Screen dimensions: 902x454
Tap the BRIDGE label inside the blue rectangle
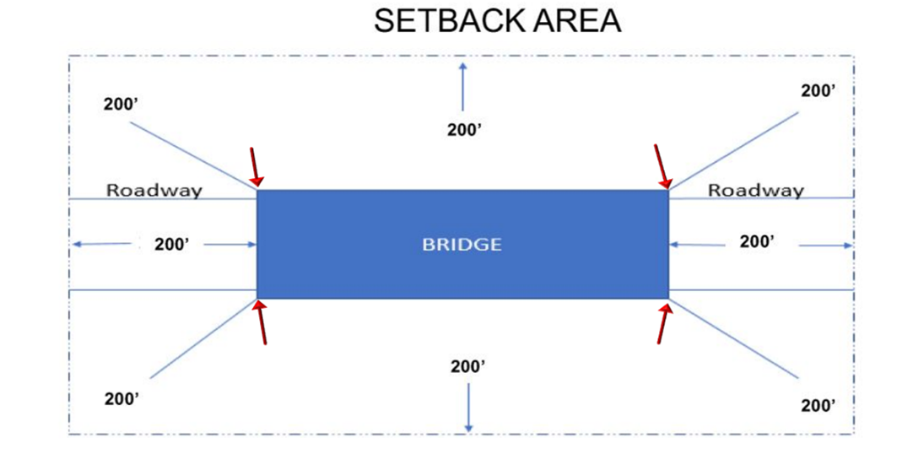[x=462, y=245]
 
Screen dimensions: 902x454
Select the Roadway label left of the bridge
[x=154, y=190]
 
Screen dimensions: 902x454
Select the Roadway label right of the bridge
[x=756, y=190]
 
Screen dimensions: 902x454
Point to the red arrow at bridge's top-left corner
[x=256, y=167]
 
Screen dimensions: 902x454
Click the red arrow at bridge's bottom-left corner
[x=261, y=322]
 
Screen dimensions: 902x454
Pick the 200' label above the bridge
[x=464, y=130]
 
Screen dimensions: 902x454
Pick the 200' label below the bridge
[x=468, y=367]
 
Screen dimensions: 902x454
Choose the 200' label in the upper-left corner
[x=120, y=105]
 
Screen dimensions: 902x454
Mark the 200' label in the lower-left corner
[x=122, y=399]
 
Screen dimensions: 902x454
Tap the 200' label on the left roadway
[x=171, y=245]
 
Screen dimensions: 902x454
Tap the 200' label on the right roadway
[x=757, y=241]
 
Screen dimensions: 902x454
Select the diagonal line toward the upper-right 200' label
[x=734, y=149]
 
